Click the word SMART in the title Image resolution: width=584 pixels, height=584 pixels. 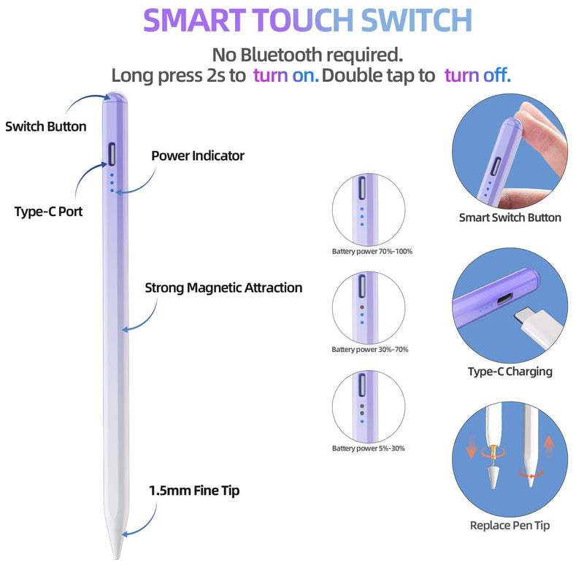pos(195,20)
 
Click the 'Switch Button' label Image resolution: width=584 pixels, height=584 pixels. pos(46,126)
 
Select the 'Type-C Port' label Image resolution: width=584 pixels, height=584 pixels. pos(48,212)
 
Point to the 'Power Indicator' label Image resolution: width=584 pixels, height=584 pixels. pos(198,155)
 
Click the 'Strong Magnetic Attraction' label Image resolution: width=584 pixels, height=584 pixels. pos(223,288)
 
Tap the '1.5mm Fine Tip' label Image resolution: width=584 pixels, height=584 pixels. pos(194,491)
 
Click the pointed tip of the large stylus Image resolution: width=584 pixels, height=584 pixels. pos(117,558)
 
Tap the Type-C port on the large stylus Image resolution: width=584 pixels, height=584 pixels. pos(112,154)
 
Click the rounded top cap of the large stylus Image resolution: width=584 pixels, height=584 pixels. pos(115,98)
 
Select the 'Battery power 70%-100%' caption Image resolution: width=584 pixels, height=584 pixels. pos(372,251)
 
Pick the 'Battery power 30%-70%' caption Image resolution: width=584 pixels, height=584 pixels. pos(370,350)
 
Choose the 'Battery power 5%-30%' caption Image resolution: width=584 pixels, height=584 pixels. pos(369,448)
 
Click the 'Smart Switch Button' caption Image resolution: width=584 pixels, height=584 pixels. pos(510,218)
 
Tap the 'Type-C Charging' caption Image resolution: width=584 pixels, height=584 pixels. pos(510,372)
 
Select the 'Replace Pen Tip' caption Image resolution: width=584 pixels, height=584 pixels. pos(510,525)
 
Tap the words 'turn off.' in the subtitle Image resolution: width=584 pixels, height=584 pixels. pos(477,75)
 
